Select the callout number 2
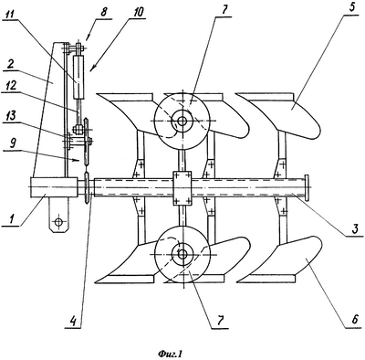(x=10, y=66)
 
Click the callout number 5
(x=354, y=7)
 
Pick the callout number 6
(x=355, y=320)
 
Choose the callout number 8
(x=104, y=13)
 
